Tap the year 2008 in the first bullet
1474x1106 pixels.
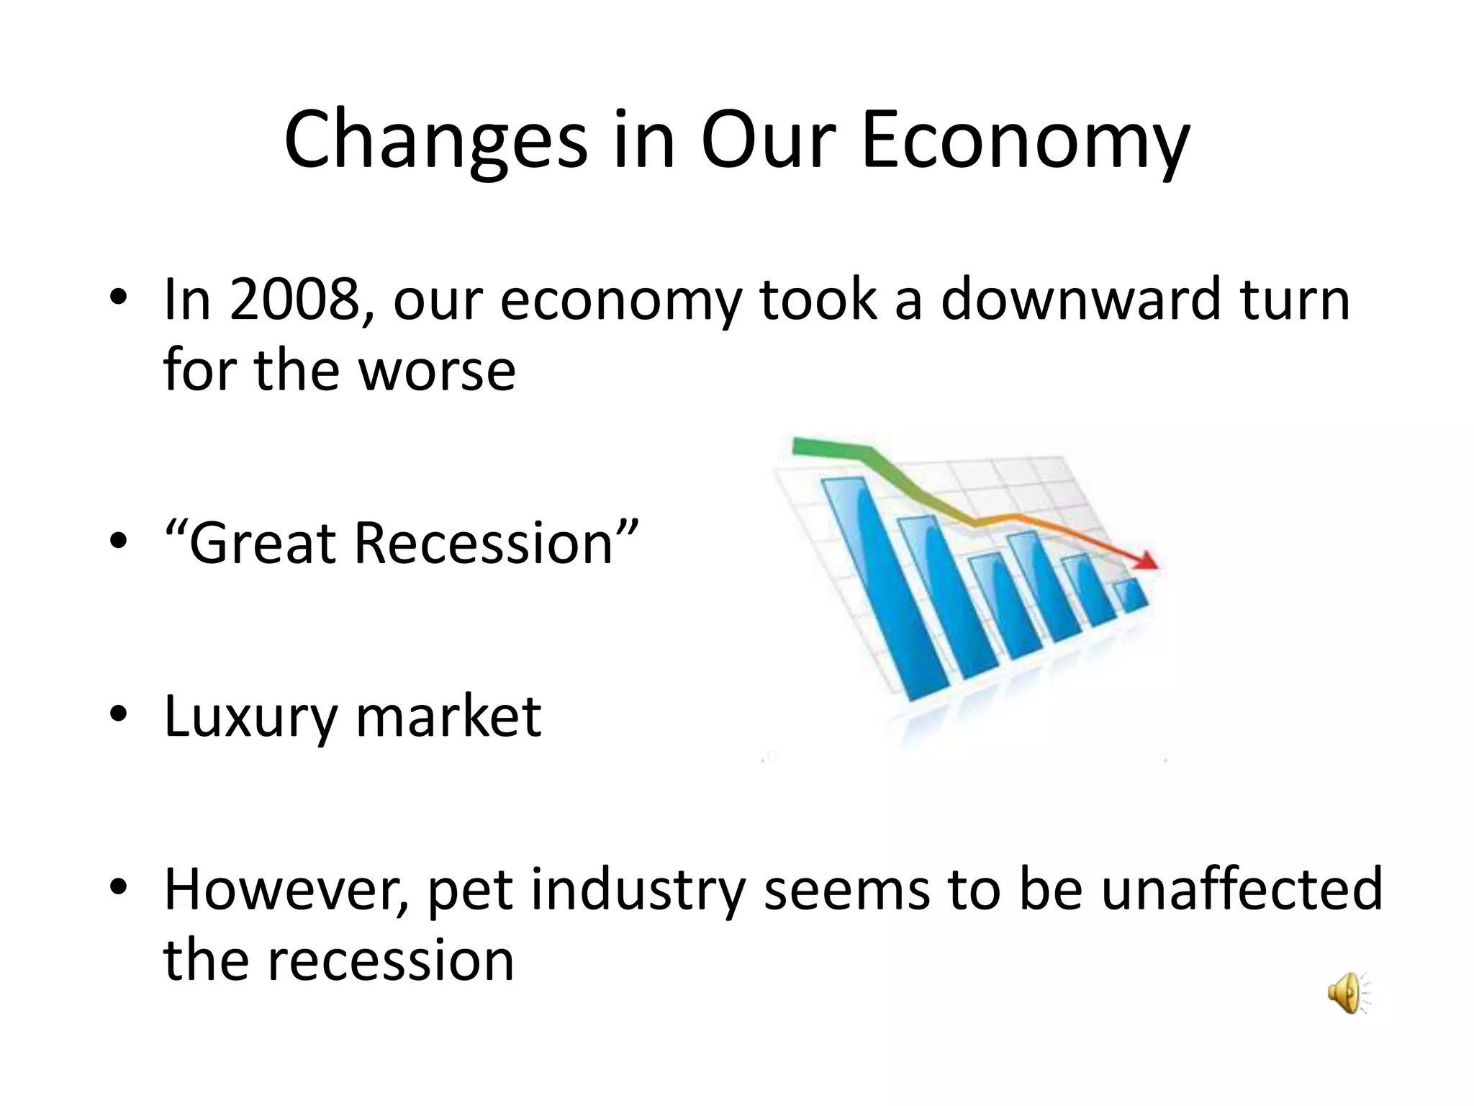[294, 300]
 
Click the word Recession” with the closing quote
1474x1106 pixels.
[496, 543]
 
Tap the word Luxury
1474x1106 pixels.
[250, 717]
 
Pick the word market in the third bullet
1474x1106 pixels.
[448, 717]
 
